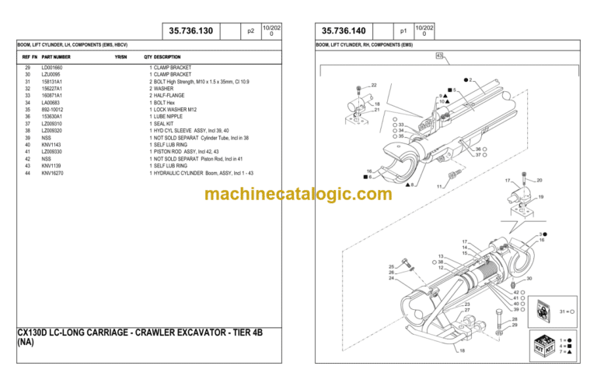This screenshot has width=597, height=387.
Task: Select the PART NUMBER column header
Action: click(56, 57)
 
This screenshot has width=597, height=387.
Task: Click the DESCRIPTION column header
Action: click(167, 57)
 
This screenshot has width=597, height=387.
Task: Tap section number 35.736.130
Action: click(190, 31)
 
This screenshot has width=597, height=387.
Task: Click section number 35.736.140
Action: click(343, 31)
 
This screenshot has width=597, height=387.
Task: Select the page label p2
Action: click(250, 31)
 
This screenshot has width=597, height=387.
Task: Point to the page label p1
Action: click(403, 31)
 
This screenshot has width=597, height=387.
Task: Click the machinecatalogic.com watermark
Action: click(298, 194)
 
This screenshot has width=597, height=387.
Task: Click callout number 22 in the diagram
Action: click(374, 85)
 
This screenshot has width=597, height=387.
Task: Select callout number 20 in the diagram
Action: click(539, 181)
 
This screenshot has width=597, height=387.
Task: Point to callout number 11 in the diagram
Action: click(439, 187)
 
